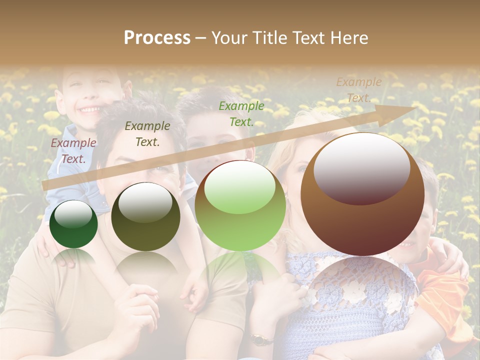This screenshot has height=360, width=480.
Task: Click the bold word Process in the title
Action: [157, 38]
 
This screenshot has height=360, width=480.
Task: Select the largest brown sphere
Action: [362, 225]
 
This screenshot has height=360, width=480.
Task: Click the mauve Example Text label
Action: [73, 150]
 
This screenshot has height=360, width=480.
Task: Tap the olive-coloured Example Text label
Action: [147, 133]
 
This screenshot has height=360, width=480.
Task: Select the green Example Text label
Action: [241, 113]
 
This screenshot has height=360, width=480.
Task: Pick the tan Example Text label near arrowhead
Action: [358, 90]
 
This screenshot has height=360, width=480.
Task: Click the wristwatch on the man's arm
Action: [259, 340]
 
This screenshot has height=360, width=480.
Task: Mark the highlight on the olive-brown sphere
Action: [145, 202]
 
